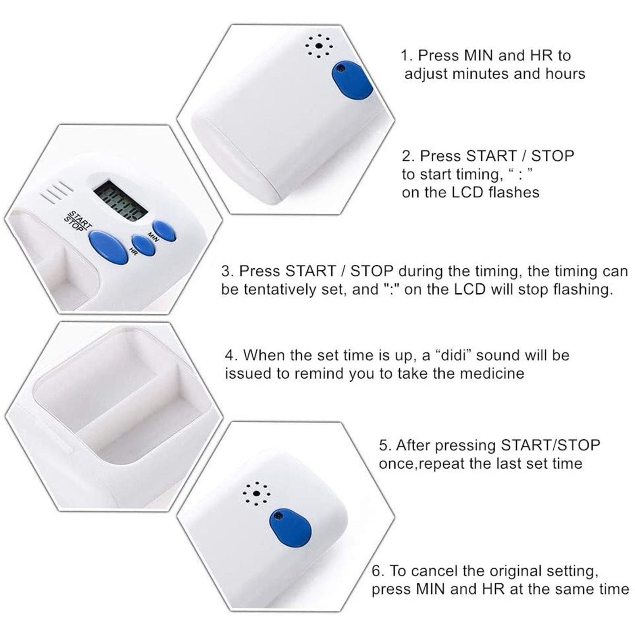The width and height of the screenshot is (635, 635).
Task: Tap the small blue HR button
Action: coord(143,245)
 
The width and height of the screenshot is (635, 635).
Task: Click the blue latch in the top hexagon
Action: coord(352,81)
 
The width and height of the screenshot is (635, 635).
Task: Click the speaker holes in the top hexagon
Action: coord(319,46)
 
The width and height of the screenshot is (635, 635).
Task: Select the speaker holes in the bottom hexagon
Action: coord(256,494)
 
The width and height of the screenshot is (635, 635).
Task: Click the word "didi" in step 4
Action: coord(453,355)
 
